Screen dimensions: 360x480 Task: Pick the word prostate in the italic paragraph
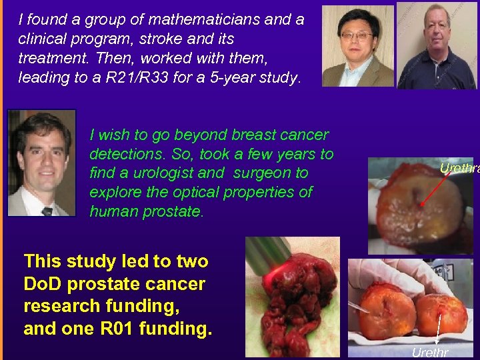pyautogui.click(x=168, y=212)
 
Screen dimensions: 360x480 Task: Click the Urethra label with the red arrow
pyautogui.click(x=459, y=169)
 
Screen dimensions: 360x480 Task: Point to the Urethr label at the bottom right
pyautogui.click(x=430, y=353)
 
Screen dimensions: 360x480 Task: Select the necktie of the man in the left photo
pyautogui.click(x=47, y=211)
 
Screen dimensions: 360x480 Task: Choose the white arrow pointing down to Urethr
pyautogui.click(x=437, y=330)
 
